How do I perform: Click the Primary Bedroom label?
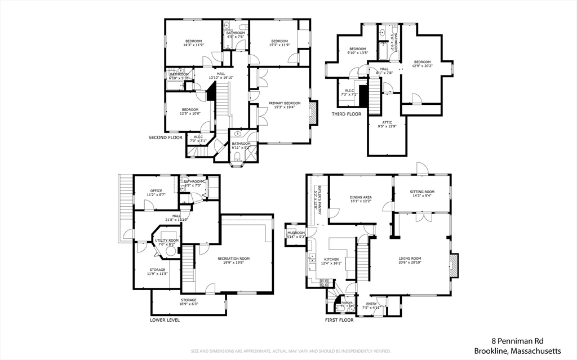[284, 103]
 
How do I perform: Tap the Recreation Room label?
[233, 259]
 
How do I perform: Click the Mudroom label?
[296, 233]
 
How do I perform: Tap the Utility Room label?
[166, 241]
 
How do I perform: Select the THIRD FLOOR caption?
[347, 114]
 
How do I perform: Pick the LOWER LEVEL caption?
[165, 319]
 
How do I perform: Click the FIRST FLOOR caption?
[339, 319]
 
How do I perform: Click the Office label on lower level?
[156, 191]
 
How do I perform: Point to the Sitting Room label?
[422, 192]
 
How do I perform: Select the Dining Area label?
[361, 197]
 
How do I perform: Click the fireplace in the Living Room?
[454, 265]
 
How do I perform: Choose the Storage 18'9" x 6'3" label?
[189, 300]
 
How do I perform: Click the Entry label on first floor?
[371, 304]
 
